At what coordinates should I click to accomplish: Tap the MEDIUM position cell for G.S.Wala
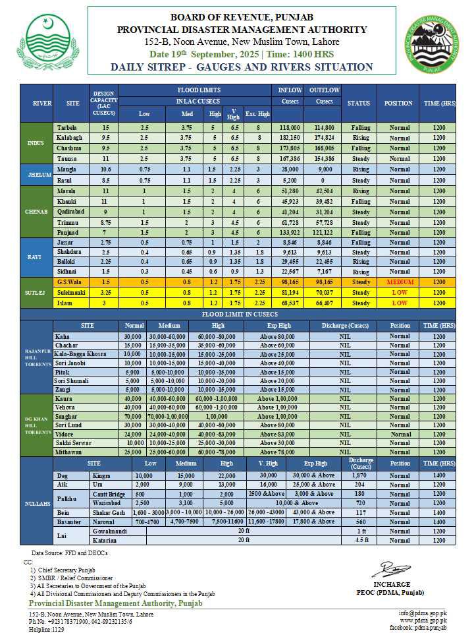[399, 282]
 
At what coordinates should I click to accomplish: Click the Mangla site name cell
[63, 169]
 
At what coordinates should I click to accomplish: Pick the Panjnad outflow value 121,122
[324, 233]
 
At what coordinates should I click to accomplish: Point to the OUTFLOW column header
[324, 90]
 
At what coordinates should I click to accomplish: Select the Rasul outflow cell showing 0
[324, 180]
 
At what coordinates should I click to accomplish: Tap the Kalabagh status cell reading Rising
[361, 138]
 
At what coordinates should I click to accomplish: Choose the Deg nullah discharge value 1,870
[360, 475]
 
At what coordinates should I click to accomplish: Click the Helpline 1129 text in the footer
[48, 628]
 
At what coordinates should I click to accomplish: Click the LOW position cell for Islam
[399, 303]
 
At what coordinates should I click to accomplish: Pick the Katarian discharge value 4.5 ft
[360, 541]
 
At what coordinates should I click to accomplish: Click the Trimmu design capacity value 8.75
[104, 222]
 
